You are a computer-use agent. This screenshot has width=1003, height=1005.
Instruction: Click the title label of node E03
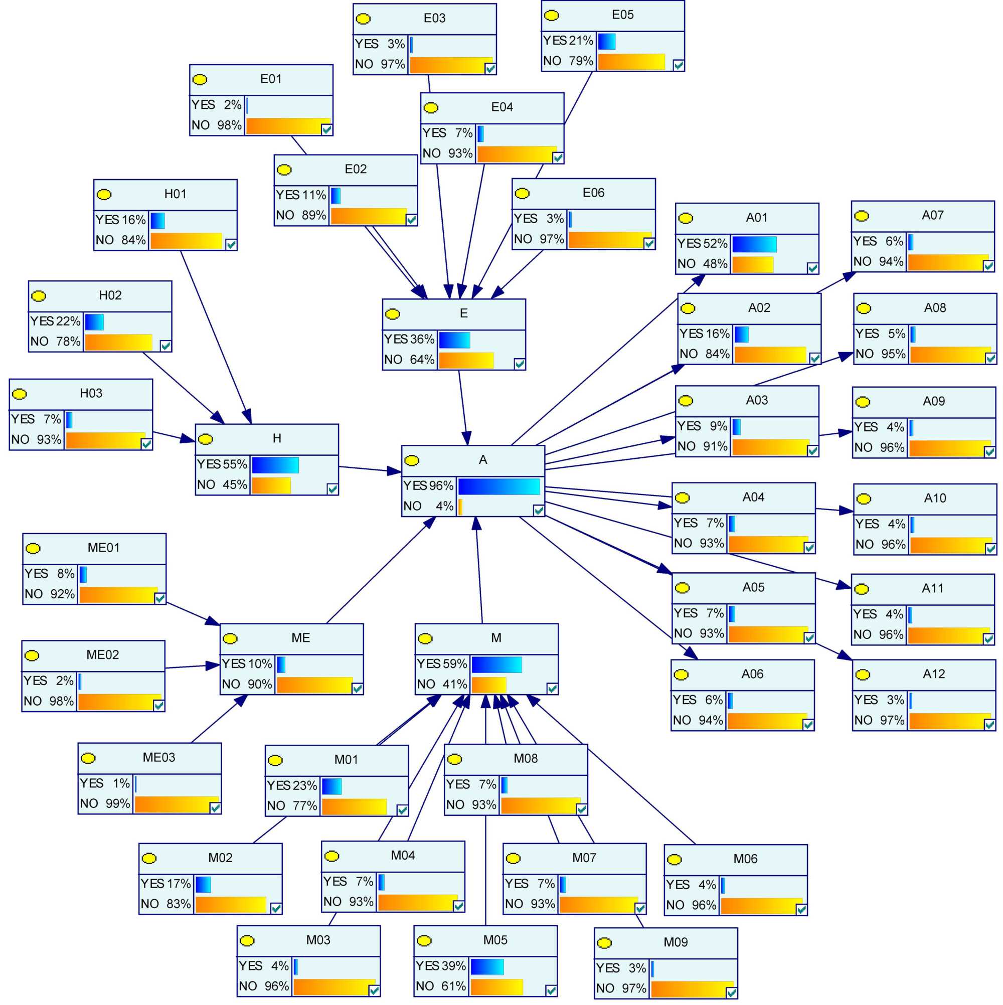(x=434, y=18)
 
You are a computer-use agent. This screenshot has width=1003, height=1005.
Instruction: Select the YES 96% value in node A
(x=428, y=486)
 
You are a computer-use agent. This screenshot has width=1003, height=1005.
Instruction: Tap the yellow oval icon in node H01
(x=104, y=195)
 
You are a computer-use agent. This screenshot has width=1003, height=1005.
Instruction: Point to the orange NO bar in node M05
(x=496, y=987)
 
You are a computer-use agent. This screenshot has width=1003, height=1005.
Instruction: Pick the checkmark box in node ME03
(x=215, y=808)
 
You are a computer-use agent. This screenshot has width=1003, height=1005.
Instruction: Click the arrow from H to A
(x=370, y=470)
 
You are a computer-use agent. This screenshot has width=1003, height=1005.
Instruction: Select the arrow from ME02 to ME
(x=193, y=666)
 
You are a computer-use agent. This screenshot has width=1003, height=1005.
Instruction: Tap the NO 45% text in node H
(x=222, y=485)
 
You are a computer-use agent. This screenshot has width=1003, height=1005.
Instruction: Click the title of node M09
(x=675, y=942)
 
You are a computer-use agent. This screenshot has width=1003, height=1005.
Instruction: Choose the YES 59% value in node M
(x=442, y=664)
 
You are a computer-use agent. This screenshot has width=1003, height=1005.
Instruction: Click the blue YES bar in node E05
(x=606, y=42)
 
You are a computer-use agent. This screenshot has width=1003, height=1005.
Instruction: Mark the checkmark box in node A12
(x=989, y=724)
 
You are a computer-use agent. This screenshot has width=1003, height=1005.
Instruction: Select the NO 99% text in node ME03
(x=105, y=804)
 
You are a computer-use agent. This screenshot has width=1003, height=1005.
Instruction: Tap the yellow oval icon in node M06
(x=674, y=860)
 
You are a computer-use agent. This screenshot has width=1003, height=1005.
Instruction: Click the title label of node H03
(x=91, y=393)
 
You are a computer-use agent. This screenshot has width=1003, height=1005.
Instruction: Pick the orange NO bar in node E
(x=465, y=361)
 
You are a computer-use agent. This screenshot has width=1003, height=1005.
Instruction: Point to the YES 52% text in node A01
(x=702, y=243)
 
